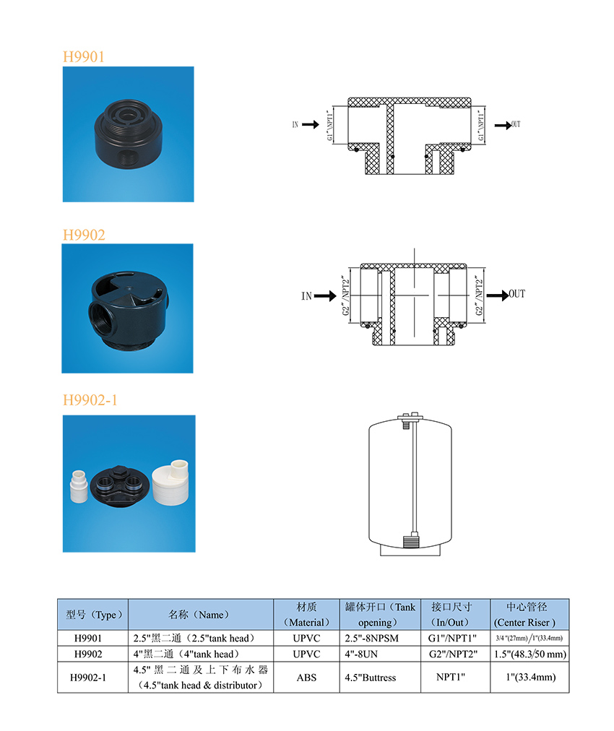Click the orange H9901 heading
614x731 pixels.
(84, 56)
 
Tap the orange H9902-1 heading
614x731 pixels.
(90, 399)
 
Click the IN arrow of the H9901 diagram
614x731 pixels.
(311, 124)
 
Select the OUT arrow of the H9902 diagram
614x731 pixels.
(498, 295)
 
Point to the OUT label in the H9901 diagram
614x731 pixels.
(516, 124)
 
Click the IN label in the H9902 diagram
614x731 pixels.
(306, 296)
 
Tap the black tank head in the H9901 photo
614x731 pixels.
(128, 134)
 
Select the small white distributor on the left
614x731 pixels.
(79, 486)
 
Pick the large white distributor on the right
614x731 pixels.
(170, 483)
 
